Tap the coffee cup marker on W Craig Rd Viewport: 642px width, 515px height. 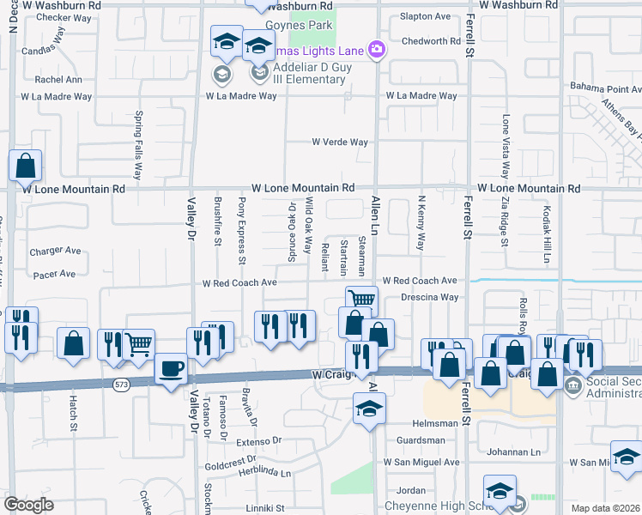172,370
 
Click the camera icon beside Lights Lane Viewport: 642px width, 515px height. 376,50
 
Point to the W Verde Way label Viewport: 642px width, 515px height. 340,142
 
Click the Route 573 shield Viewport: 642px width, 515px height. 122,386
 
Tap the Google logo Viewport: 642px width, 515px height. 27,505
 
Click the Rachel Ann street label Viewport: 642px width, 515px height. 58,80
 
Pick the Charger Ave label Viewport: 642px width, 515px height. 55,251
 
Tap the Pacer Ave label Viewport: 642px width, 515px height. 55,274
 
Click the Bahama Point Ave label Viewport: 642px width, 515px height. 606,88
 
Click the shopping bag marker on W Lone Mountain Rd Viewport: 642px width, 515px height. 26,167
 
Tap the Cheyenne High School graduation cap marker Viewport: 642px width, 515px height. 499,492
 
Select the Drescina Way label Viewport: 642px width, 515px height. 429,297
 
